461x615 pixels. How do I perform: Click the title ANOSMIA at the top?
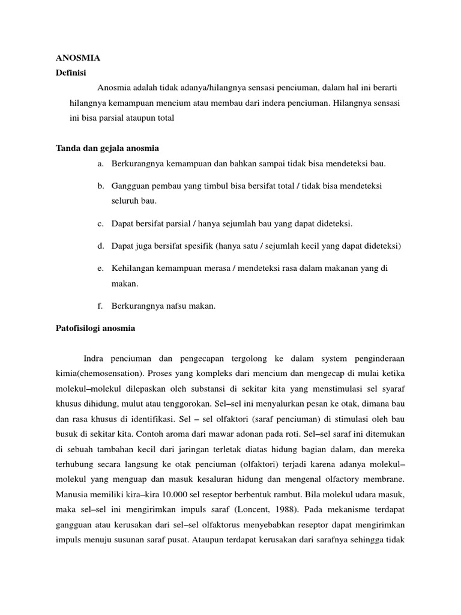click(x=78, y=58)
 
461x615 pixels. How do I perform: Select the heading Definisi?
click(x=71, y=73)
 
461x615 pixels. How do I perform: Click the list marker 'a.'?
click(x=100, y=163)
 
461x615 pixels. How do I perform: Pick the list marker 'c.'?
click(x=100, y=224)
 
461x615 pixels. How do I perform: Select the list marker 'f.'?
click(x=100, y=306)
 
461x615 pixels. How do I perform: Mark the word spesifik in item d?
click(x=191, y=246)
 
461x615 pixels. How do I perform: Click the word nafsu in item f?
click(x=175, y=306)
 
